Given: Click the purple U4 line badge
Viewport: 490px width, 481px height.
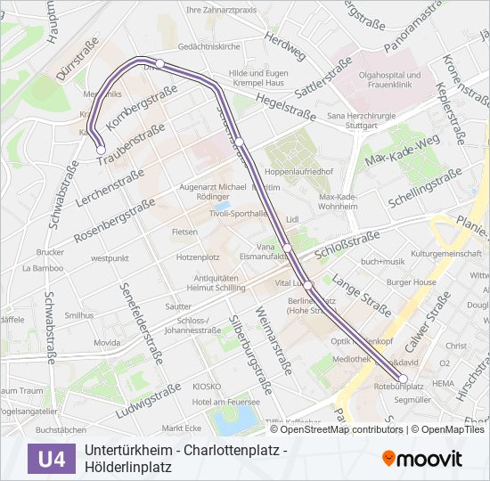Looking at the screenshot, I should (52, 459).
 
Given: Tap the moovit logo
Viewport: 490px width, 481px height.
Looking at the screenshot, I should (422, 459).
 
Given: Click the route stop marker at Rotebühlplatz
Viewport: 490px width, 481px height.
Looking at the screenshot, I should (403, 379).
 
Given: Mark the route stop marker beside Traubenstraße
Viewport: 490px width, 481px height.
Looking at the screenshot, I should (101, 150).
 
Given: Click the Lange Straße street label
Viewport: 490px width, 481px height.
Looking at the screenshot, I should (362, 296).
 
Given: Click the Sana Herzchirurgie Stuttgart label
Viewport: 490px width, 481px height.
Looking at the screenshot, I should (360, 120).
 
